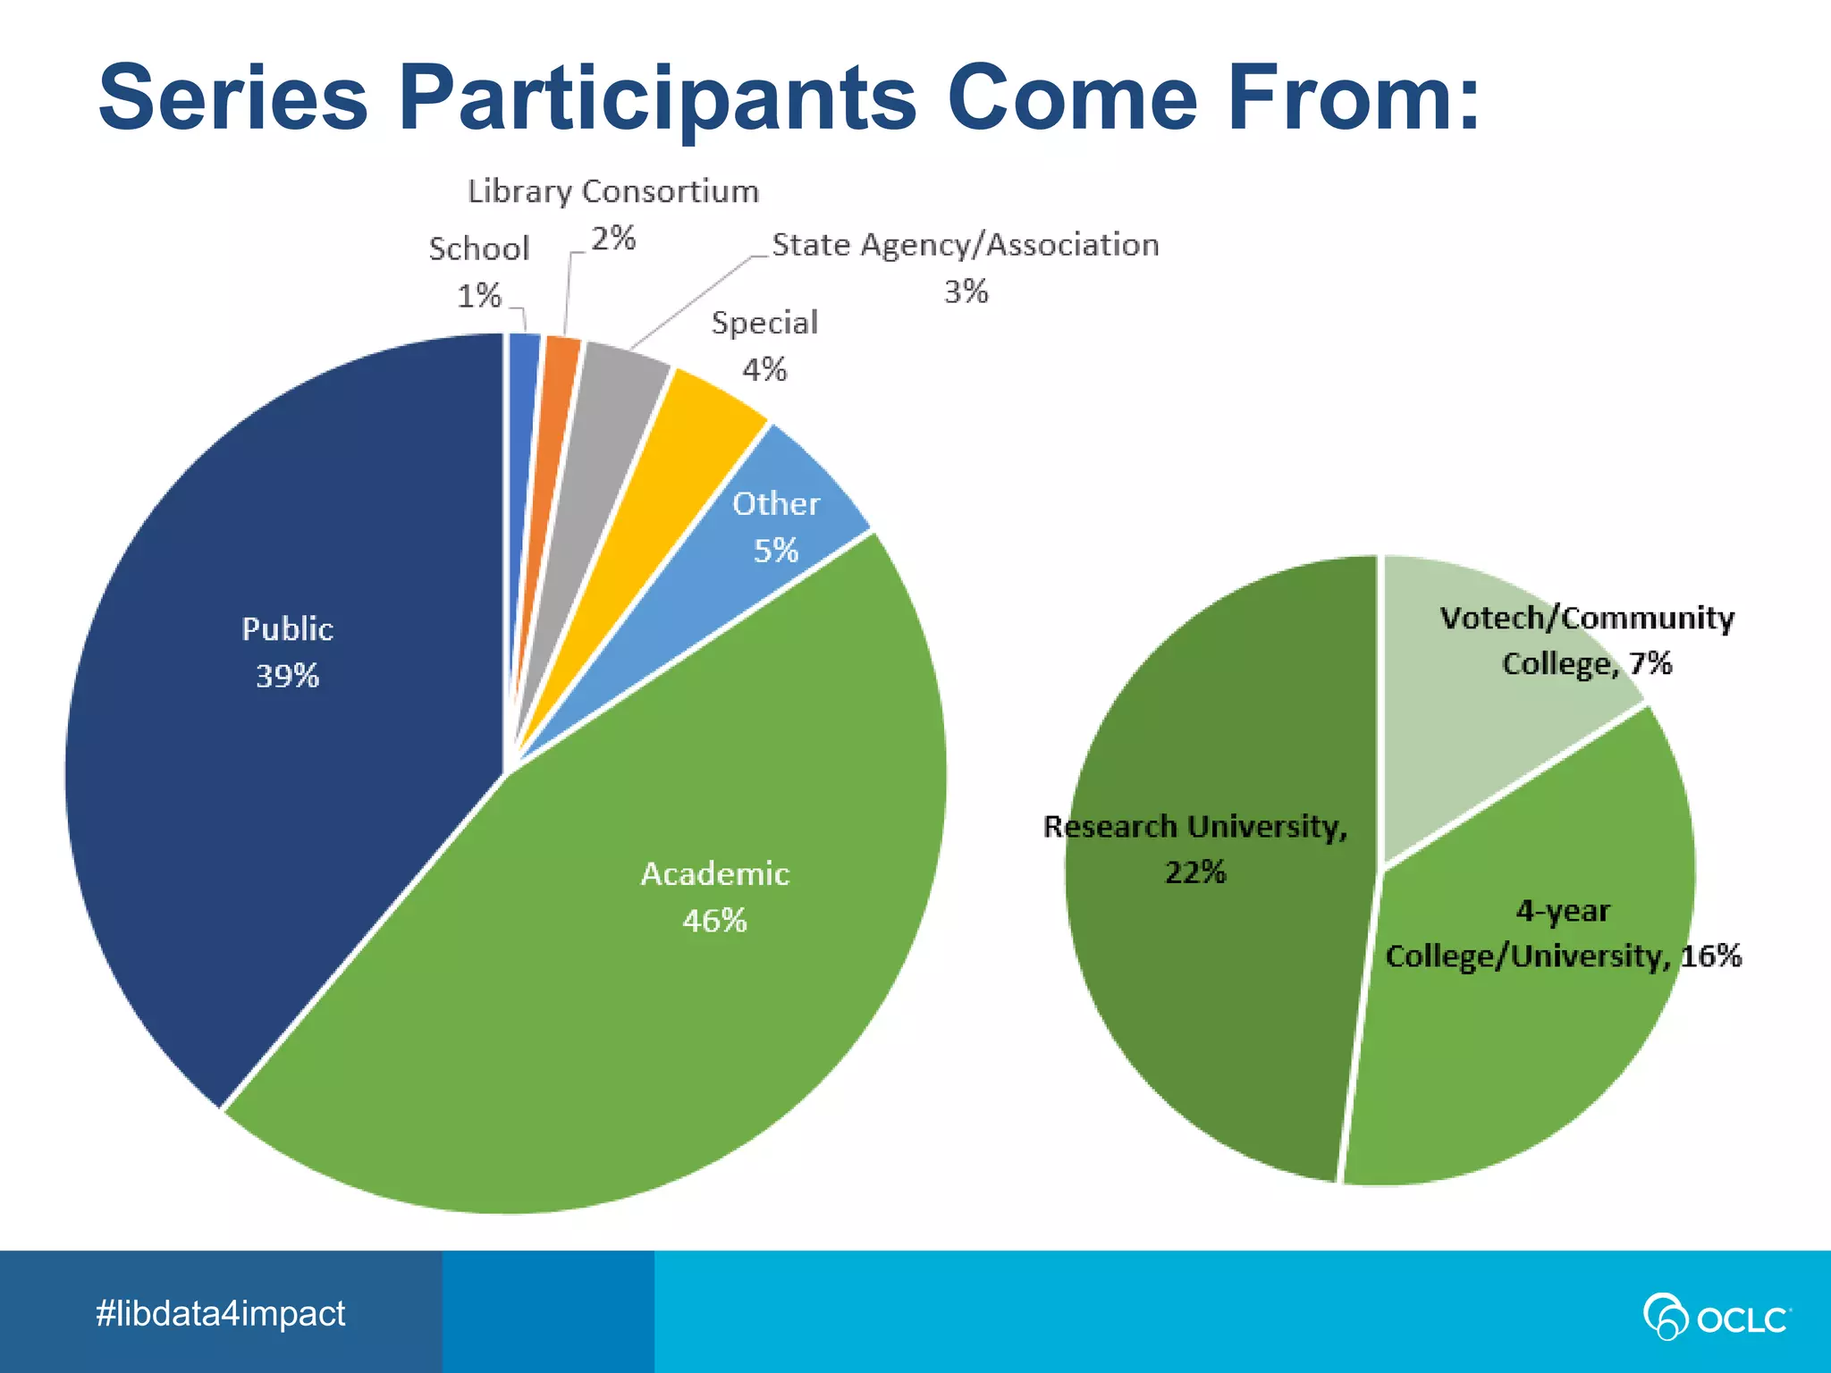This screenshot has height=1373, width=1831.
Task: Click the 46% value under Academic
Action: coord(714,921)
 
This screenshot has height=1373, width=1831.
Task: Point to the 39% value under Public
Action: coord(287,677)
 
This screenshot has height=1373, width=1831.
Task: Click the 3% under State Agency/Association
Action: coord(966,292)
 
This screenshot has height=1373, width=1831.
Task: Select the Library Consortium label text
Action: coord(613,192)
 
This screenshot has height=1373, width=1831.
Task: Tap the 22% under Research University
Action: coord(1194,872)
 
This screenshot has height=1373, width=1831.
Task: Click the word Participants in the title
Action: coord(657,98)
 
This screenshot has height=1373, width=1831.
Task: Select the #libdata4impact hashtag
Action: coord(220,1313)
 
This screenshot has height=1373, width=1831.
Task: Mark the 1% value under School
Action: coord(479,296)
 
